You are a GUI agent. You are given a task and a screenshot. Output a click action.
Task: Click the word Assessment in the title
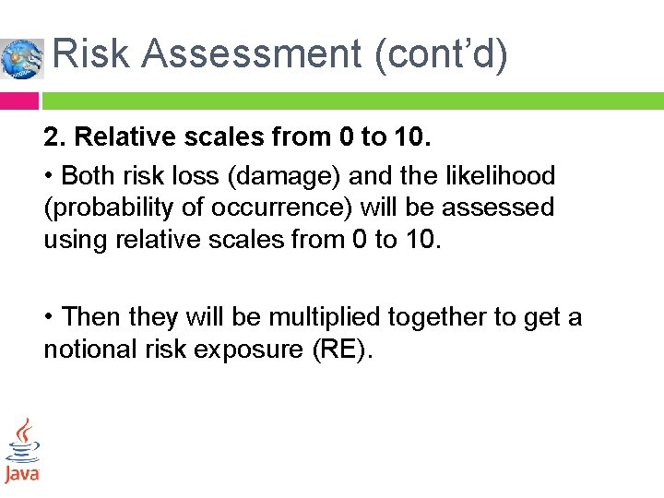[251, 55]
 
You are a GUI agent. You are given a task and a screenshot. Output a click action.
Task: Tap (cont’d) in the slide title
[441, 55]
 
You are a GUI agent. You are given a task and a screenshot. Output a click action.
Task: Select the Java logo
[21, 451]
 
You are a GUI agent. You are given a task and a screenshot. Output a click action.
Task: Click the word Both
[87, 175]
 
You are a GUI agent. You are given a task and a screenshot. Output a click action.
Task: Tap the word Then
[89, 317]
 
